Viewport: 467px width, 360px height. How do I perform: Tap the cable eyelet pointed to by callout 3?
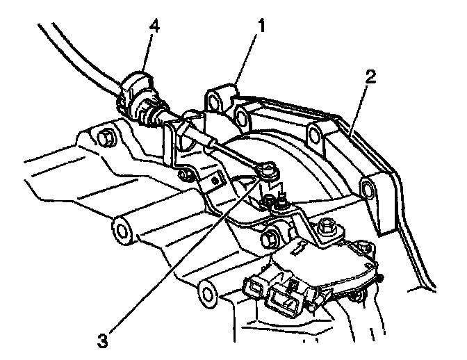[x=268, y=169]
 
